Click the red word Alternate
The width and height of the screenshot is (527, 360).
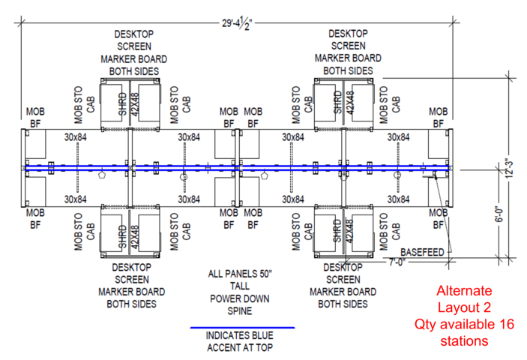pos(465,290)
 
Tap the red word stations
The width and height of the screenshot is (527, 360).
pos(465,341)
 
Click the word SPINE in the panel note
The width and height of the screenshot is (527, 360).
pos(240,310)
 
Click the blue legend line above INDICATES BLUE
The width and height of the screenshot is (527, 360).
pos(241,328)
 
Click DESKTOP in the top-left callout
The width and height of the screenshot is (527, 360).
pos(136,34)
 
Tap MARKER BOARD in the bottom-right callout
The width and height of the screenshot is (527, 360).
pos(343,292)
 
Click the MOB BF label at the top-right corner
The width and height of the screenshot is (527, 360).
pos(438,118)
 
